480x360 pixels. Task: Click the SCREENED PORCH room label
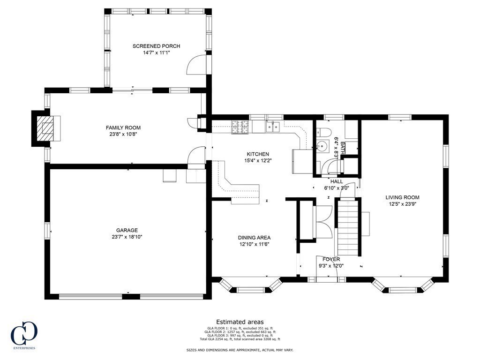coord(156,46)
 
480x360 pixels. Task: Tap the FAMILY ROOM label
coord(123,127)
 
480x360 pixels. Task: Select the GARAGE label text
coord(127,230)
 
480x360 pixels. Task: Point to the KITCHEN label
coord(258,154)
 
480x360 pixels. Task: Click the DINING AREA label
coord(254,238)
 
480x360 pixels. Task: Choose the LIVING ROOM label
coord(402,197)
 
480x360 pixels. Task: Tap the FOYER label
coord(331,259)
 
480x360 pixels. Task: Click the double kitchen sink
coord(273,127)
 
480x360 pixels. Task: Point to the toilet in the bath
coord(323,132)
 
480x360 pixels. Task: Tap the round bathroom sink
coord(322,146)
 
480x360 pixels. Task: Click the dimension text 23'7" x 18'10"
coord(127,237)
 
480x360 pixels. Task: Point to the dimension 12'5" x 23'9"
coord(402,204)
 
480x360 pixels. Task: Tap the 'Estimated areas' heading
coord(240,322)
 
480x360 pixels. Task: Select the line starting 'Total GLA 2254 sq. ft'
coord(240,339)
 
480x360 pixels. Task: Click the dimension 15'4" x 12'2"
coord(258,160)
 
